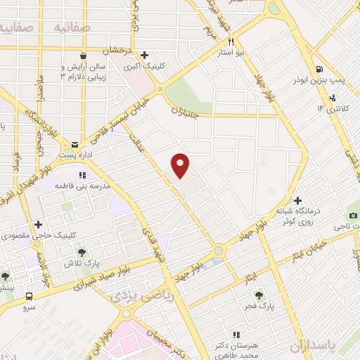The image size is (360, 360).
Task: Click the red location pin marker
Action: click(x=181, y=164)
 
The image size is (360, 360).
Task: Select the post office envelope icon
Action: click(x=75, y=144)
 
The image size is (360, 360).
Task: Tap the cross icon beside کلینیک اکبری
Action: click(x=144, y=55)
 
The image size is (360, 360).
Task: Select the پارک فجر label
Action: click(x=260, y=307)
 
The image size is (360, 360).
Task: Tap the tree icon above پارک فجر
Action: click(x=259, y=295)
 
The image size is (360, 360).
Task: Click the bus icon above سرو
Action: click(x=30, y=296)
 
